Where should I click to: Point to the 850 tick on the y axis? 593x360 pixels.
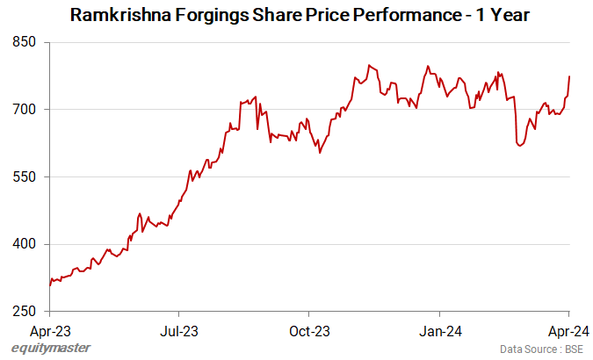(x=25, y=42)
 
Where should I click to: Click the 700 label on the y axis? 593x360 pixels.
(x=25, y=110)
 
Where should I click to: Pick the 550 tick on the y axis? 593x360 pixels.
(x=25, y=177)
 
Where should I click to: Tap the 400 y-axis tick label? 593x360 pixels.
(x=25, y=244)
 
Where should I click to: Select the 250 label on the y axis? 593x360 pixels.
(x=25, y=312)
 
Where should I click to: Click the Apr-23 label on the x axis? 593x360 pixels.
(x=50, y=331)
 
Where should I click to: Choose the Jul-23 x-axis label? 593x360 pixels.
(x=179, y=331)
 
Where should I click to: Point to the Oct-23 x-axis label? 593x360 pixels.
(x=309, y=331)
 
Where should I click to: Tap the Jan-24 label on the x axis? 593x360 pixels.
(x=439, y=331)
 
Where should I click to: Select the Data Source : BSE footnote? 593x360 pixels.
(x=541, y=349)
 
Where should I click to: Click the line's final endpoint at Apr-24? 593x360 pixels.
(x=569, y=76)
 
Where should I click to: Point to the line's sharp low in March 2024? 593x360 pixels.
(x=520, y=146)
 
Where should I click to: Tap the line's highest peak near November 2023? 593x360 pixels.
(x=369, y=65)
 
